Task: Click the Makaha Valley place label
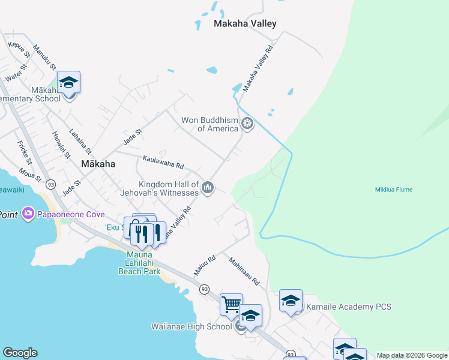coord(245,24)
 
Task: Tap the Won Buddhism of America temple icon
coord(247,124)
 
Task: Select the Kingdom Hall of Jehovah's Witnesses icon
coord(208,188)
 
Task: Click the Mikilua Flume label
coord(394,190)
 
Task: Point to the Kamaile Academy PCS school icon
coord(291,301)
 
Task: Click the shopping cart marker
coord(231,304)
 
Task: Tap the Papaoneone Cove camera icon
coord(28,214)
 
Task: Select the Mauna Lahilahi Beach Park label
coord(139,262)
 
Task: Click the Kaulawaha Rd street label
coord(163,162)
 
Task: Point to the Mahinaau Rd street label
coord(244,271)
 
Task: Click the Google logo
coord(20,353)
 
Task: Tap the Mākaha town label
coord(98,163)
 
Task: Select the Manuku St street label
coord(44,57)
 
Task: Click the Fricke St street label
coord(25,152)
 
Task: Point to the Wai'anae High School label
coord(191,327)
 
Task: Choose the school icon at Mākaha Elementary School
coord(68,83)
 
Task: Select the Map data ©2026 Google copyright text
coord(412,355)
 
